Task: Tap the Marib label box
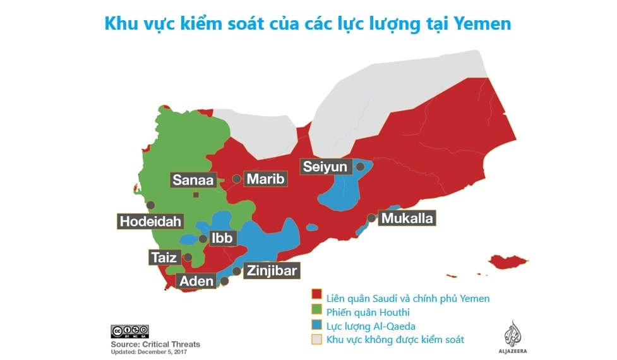point(265,179)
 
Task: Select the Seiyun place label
point(325,167)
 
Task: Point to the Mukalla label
point(407,219)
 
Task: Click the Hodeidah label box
point(150,222)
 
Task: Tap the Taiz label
point(164,258)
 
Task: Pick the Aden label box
point(196,281)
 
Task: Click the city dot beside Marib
point(236,179)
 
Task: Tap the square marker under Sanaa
point(196,195)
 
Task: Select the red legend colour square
point(316,298)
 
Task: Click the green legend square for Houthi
point(316,311)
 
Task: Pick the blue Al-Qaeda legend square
point(316,326)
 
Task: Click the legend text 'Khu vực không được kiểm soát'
point(395,340)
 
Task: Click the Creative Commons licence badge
point(129,331)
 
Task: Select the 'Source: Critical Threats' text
point(155,344)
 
